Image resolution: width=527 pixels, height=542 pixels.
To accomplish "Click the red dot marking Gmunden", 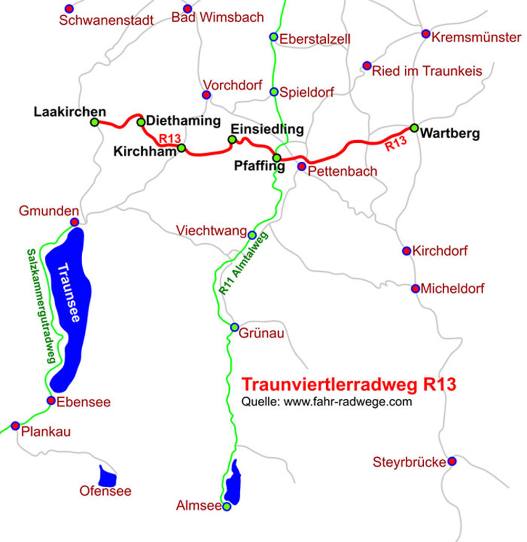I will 75,222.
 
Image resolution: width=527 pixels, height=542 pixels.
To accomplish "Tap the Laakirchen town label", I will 70,112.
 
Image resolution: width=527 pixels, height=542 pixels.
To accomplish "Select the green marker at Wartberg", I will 414,127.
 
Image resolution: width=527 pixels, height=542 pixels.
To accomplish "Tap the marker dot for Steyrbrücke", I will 452,461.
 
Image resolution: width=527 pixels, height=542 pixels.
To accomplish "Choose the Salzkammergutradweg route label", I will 41,306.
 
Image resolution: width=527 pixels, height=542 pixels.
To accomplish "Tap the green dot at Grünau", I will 235,327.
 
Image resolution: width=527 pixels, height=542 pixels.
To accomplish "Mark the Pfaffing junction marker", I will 277,157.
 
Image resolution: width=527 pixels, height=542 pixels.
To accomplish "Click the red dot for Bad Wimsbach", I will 188,9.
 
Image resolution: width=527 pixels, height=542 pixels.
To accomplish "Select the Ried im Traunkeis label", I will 427,71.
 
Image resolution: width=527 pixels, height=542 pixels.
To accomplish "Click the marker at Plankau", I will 15,426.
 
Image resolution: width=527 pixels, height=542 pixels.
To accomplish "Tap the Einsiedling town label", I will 268,129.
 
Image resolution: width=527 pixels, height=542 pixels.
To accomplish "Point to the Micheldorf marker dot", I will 415,289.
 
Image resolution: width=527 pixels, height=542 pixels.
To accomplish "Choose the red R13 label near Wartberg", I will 396,144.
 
